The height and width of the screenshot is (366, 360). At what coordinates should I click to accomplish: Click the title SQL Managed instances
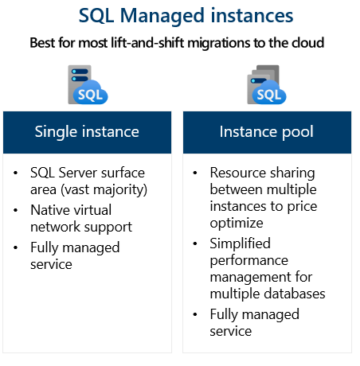pos(186,16)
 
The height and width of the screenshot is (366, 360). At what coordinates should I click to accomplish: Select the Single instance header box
pos(87,131)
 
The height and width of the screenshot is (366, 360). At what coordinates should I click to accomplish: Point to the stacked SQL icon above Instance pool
pos(265,85)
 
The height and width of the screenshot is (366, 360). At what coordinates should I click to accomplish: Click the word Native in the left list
pos(50,210)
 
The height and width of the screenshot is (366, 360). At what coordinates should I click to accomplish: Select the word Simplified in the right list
pos(240,243)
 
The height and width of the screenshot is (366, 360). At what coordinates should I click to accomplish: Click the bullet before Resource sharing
pos(196,173)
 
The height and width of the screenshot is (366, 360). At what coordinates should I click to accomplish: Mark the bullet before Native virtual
pos(17,210)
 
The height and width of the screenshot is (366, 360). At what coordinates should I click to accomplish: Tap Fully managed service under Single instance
pos(75,256)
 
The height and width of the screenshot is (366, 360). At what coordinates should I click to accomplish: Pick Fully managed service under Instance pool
pos(254,322)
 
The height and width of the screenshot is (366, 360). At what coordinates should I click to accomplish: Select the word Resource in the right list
pos(237,173)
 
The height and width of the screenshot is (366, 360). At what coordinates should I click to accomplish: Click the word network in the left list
pos(56,227)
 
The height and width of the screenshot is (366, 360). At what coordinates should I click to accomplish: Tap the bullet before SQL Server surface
pos(17,173)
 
